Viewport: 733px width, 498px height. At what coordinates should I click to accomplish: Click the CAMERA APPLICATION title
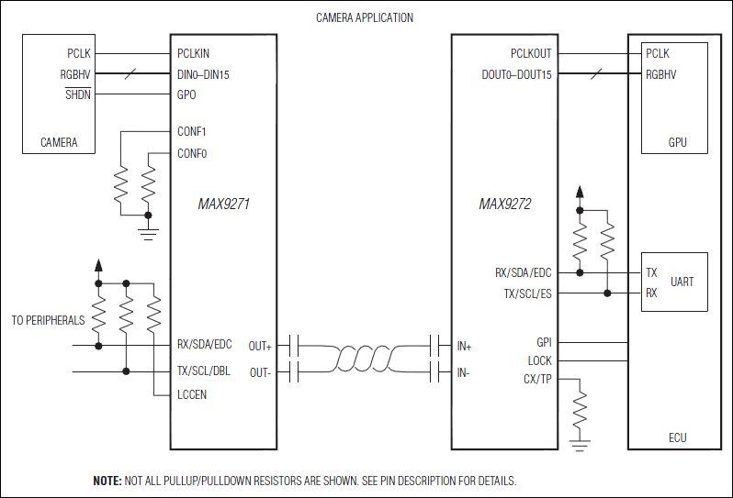point(365,17)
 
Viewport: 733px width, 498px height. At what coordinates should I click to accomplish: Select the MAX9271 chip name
point(223,205)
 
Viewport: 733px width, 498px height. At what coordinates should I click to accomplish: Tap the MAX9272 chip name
point(504,205)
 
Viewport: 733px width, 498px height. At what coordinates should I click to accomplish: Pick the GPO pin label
point(186,94)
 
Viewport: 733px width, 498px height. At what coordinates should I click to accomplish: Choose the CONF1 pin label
point(192,132)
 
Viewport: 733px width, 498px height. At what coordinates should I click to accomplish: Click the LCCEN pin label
point(193,394)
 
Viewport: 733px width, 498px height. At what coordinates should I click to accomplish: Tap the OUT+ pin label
point(261,346)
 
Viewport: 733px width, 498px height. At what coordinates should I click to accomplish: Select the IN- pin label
point(463,372)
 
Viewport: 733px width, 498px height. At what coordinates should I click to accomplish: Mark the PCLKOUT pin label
point(532,54)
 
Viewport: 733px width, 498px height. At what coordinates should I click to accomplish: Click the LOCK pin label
point(540,361)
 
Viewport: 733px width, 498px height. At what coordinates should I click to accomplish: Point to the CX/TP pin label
point(537,380)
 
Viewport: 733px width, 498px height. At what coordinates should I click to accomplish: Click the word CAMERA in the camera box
point(59,142)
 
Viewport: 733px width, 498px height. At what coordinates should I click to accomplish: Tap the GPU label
point(677,142)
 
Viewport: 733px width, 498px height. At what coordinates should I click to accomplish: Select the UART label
point(682,282)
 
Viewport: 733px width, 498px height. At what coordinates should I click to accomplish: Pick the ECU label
point(677,437)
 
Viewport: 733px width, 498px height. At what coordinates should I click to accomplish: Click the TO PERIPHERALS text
point(48,321)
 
